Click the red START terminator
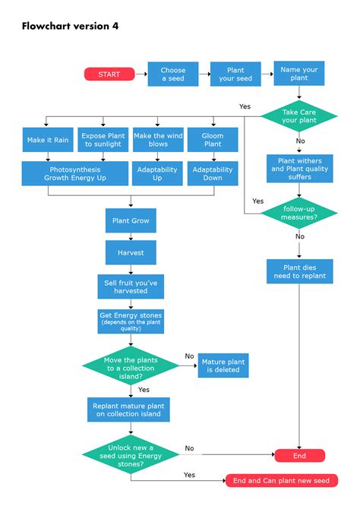(x=109, y=74)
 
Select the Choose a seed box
(x=173, y=74)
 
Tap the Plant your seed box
(x=235, y=74)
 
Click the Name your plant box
(x=299, y=74)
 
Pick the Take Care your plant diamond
(x=299, y=116)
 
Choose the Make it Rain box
(x=48, y=140)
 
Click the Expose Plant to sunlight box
(x=103, y=140)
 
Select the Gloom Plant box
(x=213, y=140)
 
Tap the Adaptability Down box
(x=213, y=174)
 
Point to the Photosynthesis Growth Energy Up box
(x=75, y=174)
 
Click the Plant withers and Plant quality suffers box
(x=300, y=169)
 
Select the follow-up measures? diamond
(x=299, y=213)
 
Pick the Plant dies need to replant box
(x=300, y=271)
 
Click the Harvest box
(x=131, y=252)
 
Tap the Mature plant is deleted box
(x=223, y=365)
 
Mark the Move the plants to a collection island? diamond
(x=131, y=366)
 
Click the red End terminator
(x=300, y=456)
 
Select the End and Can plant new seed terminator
(x=281, y=480)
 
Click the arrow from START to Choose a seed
(x=141, y=74)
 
